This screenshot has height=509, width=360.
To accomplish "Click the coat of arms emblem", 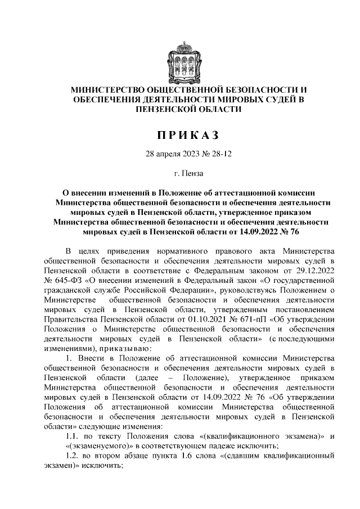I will point(180,59).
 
